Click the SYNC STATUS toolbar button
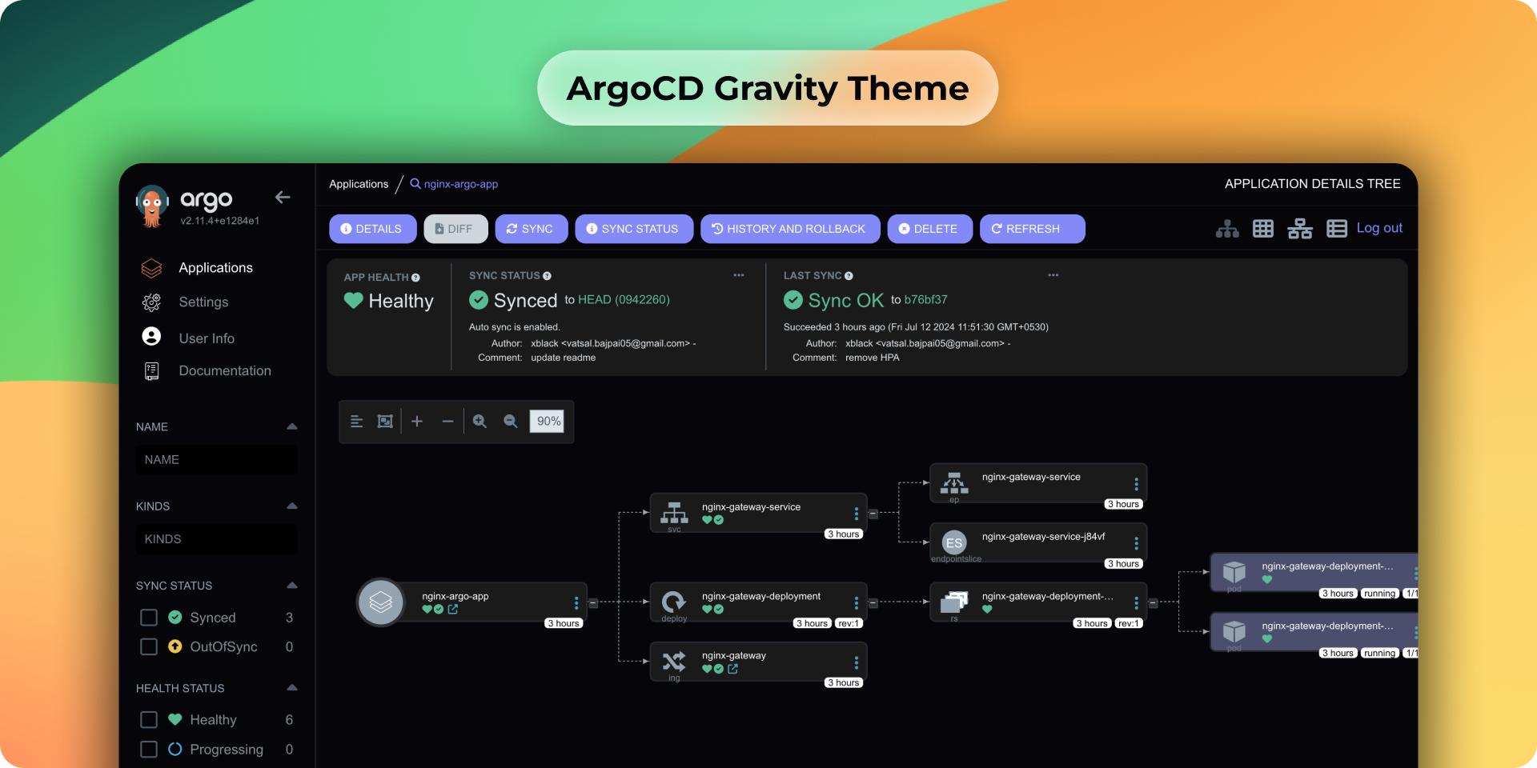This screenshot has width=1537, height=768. coord(633,229)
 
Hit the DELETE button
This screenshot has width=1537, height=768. coord(929,229)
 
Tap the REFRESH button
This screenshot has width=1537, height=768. coord(1031,229)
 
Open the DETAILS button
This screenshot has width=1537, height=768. coord(372,229)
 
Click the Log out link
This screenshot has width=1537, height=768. coord(1378,228)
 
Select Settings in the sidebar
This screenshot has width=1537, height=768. coord(203,302)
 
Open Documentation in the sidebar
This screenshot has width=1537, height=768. coord(224,371)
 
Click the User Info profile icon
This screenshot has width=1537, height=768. coord(151,337)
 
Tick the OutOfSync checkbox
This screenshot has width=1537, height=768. coord(149,646)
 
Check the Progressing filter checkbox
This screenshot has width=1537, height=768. coord(149,749)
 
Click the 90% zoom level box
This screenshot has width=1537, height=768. coord(548,422)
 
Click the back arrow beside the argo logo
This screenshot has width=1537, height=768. coord(283,197)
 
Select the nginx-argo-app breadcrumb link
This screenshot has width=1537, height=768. coord(460,184)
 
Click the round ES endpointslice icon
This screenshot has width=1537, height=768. coord(954,542)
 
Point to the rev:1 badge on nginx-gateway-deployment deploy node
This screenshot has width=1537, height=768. coord(849,623)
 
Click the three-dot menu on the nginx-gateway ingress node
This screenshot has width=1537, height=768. coord(856,662)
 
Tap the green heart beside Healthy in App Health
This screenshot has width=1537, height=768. coord(353,301)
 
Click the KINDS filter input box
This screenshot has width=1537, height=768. coord(216,539)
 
